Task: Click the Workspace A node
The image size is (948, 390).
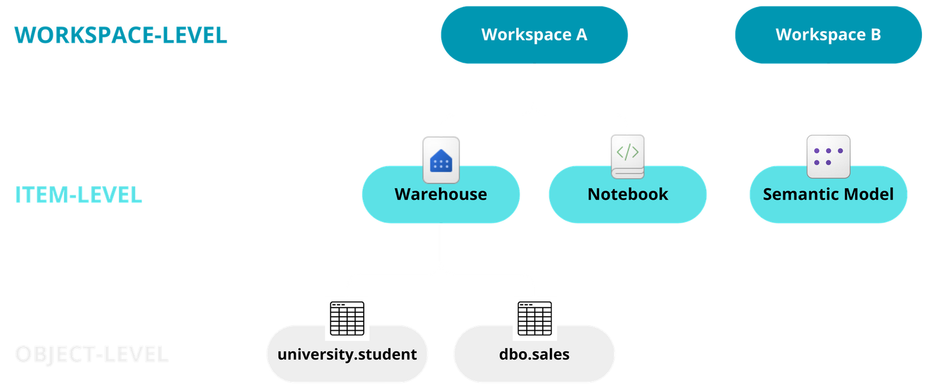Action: click(534, 35)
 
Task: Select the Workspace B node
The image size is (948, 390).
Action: click(828, 35)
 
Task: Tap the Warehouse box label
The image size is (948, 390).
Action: click(441, 195)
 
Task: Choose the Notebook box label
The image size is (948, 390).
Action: click(627, 195)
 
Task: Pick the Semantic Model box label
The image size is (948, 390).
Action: click(828, 195)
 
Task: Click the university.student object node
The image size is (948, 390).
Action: click(347, 354)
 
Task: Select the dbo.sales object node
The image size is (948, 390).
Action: click(534, 354)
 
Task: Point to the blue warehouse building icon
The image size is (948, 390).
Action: click(441, 160)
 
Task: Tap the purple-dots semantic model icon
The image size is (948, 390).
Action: click(828, 157)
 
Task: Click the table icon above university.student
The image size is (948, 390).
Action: click(347, 318)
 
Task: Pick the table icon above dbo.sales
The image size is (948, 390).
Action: click(534, 318)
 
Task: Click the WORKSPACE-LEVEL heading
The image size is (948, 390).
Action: click(121, 36)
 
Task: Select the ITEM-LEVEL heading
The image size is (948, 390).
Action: click(78, 195)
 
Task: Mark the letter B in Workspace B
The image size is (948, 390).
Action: click(875, 35)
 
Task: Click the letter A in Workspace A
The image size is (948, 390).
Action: click(581, 35)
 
